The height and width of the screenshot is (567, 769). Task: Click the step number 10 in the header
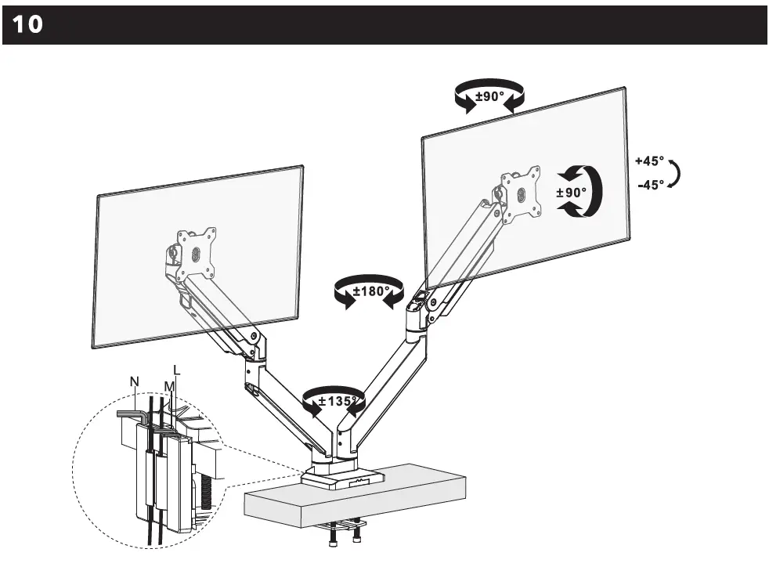[27, 25]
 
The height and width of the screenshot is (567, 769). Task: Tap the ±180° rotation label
[370, 291]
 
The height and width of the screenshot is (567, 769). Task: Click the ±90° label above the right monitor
[490, 97]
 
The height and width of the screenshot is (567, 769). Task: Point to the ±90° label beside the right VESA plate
[571, 193]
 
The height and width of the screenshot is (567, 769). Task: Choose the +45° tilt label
[649, 161]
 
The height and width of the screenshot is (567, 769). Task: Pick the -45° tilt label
[650, 185]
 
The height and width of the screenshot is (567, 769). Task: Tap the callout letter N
[135, 381]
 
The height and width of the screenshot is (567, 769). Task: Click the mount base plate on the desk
[345, 478]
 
